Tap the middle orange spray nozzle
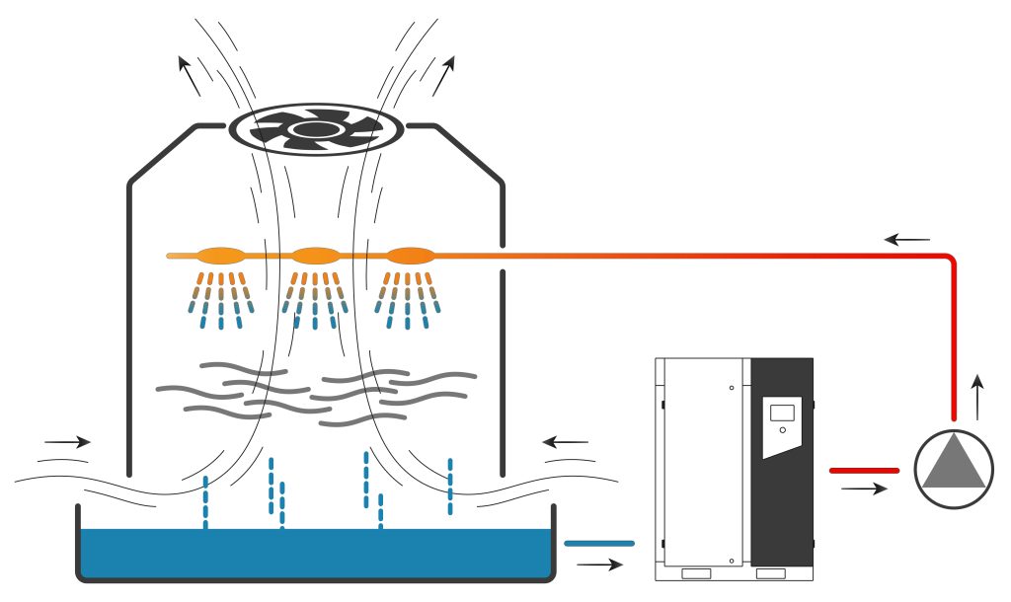tap(315, 255)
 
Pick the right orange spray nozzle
tap(410, 255)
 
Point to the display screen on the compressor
tap(782, 412)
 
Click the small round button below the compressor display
tap(782, 430)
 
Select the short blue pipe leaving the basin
tap(598, 543)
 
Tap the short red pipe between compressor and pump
tap(864, 471)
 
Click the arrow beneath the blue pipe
tap(599, 565)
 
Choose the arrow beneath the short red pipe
tap(864, 489)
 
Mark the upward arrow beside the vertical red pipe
tap(977, 397)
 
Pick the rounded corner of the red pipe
tap(950, 260)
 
